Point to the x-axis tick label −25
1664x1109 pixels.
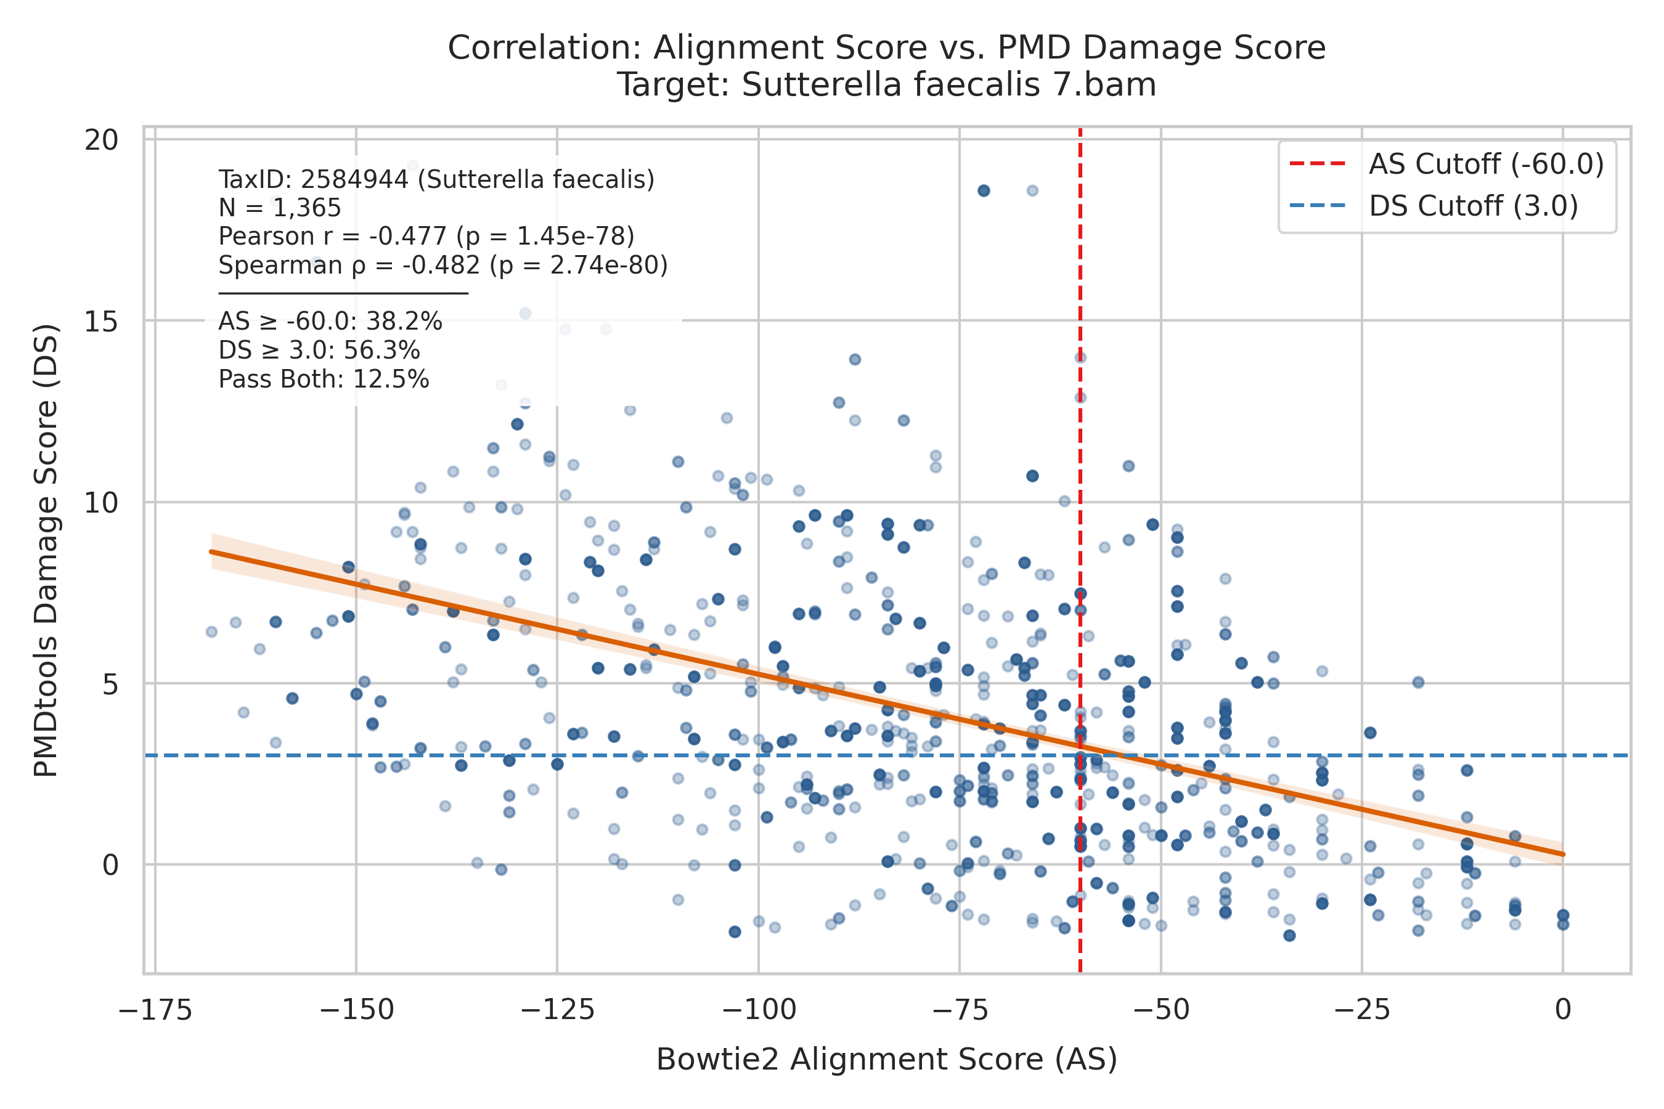click(1362, 1010)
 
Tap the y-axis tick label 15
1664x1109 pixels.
click(101, 322)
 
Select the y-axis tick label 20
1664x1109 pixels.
click(101, 140)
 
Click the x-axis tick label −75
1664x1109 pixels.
click(960, 1010)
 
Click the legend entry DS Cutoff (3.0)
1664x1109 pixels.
click(1434, 206)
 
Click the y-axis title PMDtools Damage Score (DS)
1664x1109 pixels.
click(46, 550)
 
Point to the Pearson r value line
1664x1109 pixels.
click(426, 236)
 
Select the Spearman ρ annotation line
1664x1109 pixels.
click(443, 265)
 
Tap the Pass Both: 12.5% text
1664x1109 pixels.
click(324, 380)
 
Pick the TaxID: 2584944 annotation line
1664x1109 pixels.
click(436, 180)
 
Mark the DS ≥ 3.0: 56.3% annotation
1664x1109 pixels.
click(319, 351)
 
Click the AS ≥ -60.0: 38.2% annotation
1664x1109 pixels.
click(330, 322)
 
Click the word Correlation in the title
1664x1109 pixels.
click(545, 48)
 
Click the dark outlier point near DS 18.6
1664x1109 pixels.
click(984, 191)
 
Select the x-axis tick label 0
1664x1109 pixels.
click(1563, 1010)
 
